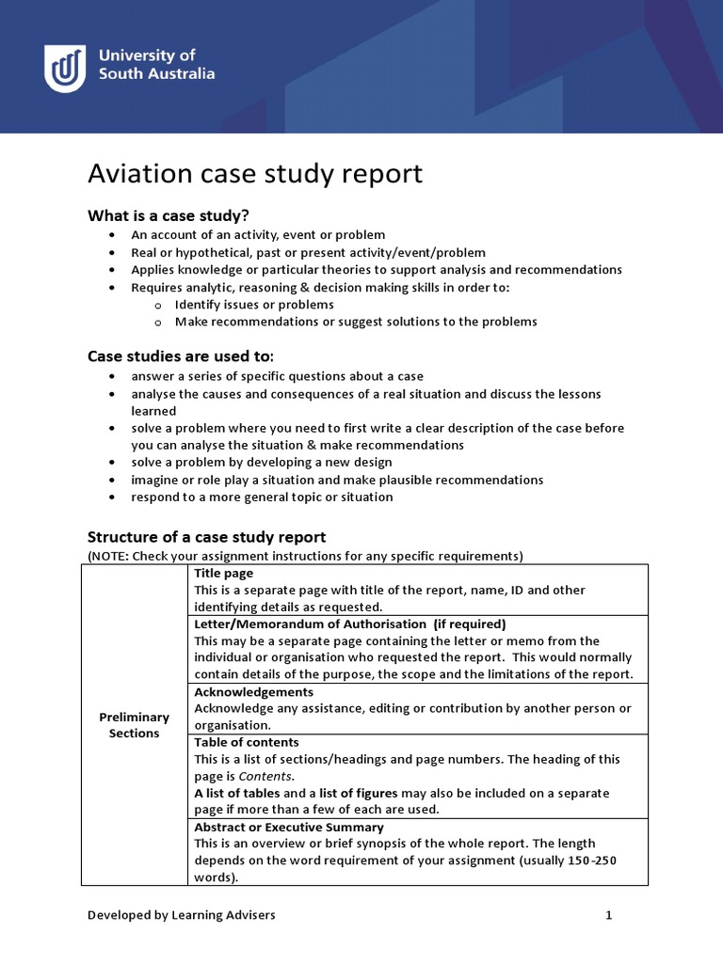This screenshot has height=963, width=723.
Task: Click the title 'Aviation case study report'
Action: tap(255, 174)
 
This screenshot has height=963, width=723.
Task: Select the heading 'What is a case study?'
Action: tap(169, 215)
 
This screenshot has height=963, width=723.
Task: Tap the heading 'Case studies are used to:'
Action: tap(181, 355)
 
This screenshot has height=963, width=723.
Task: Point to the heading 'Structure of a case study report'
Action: tap(206, 537)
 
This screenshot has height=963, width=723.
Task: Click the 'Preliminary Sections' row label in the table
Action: tap(135, 725)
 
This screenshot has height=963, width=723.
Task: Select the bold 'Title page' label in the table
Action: tap(223, 573)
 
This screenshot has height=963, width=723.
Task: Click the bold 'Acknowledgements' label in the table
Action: tap(253, 691)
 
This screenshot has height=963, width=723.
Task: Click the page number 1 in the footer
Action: tap(608, 914)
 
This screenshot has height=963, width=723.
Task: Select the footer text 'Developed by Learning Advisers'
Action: tap(182, 914)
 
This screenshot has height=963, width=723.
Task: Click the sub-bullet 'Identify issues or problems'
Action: tap(254, 305)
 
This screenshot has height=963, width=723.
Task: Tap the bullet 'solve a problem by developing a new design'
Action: tap(262, 463)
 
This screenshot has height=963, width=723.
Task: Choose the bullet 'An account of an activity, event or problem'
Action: tap(258, 235)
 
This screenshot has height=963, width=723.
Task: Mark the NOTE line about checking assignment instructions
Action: tap(305, 556)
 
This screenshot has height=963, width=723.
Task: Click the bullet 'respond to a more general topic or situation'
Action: tap(262, 497)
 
